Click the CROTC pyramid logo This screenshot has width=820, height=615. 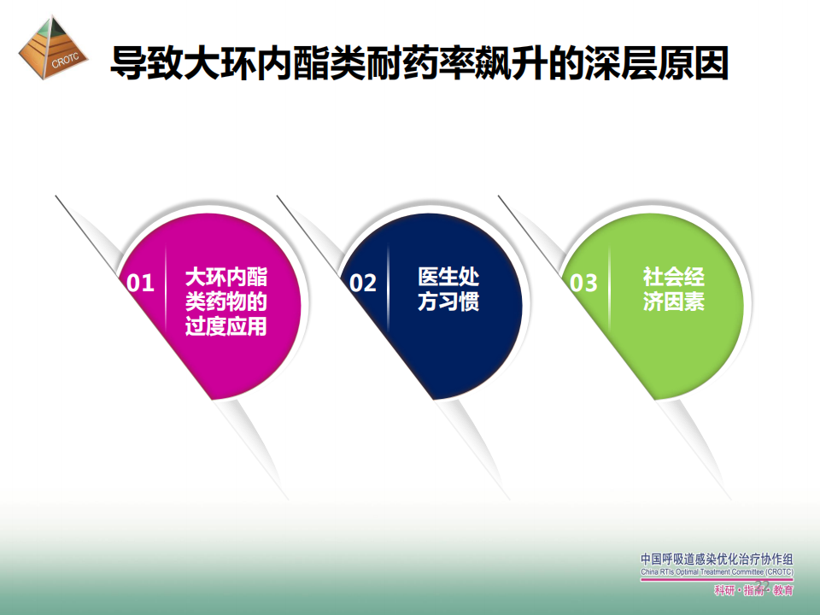click(x=53, y=48)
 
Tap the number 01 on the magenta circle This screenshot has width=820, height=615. click(x=140, y=283)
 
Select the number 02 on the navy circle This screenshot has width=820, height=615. click(x=363, y=283)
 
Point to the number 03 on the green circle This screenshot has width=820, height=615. click(x=583, y=283)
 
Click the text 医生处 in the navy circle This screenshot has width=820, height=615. click(x=448, y=277)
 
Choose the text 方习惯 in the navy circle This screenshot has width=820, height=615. click(x=448, y=302)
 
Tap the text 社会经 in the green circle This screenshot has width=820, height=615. click(x=674, y=277)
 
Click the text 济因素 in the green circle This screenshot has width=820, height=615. click(x=674, y=302)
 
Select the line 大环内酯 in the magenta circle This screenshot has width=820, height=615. click(x=225, y=277)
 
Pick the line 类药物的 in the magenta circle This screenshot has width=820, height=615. click(x=225, y=302)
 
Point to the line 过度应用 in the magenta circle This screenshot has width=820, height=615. click(x=225, y=326)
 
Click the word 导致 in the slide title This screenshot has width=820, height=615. click(x=146, y=62)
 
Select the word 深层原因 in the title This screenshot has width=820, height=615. click(x=656, y=62)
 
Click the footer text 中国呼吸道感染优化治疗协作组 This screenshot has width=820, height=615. click(x=717, y=559)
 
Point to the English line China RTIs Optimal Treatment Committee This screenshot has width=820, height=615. click(x=717, y=572)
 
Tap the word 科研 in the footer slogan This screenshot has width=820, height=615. click(x=724, y=591)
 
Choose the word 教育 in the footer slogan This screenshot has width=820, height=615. click(x=783, y=591)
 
